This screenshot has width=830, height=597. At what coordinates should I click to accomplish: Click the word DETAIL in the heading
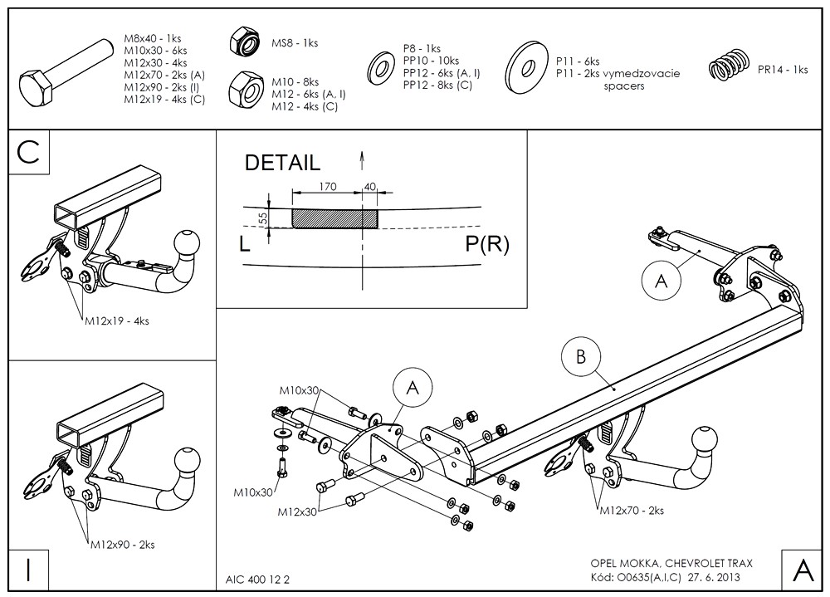281,163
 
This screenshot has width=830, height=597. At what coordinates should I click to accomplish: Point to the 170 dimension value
327,187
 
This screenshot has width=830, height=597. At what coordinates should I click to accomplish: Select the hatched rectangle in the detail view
334,218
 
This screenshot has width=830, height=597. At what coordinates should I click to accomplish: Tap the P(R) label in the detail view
487,244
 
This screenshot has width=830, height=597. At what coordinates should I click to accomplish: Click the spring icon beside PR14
729,66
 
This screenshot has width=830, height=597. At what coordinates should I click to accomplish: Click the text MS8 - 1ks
295,43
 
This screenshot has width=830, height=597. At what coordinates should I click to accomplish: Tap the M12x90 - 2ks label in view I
122,545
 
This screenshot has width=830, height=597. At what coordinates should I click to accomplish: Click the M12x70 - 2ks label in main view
632,511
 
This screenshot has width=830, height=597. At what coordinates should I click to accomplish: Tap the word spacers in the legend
623,86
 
